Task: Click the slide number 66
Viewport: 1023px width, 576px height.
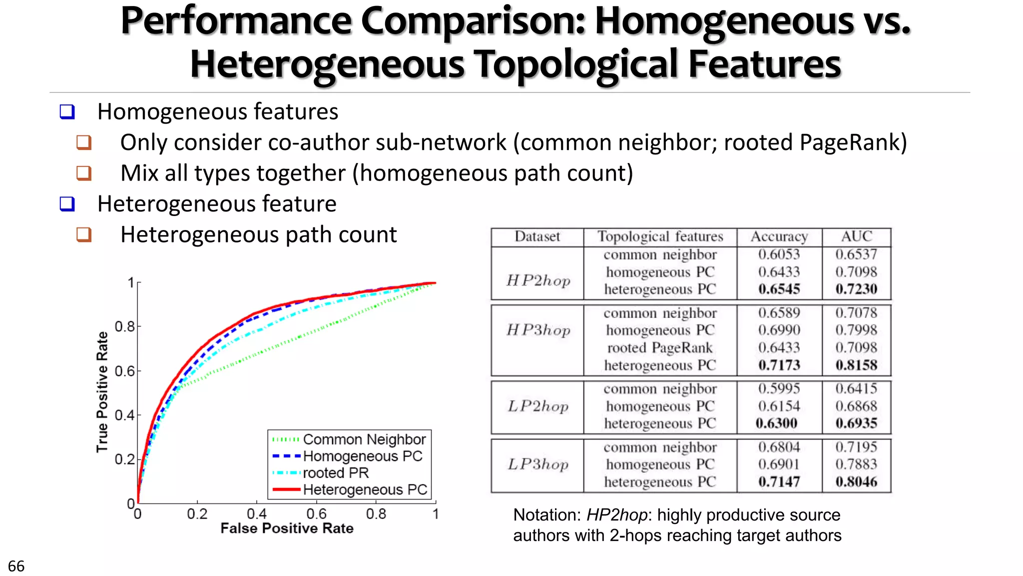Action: pyautogui.click(x=16, y=566)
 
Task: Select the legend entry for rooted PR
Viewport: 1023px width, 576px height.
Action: pyautogui.click(x=335, y=473)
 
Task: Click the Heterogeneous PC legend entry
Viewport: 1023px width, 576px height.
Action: pyautogui.click(x=365, y=489)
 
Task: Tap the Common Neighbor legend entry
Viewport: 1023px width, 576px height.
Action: pyautogui.click(x=364, y=439)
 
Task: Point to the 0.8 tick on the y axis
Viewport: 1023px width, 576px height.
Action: pyautogui.click(x=125, y=326)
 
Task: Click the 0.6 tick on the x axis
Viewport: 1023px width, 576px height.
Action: pyautogui.click(x=316, y=513)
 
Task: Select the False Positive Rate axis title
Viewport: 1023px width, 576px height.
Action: pyautogui.click(x=287, y=528)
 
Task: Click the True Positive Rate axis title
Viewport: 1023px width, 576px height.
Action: pyautogui.click(x=102, y=392)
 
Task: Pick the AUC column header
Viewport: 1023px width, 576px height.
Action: pyautogui.click(x=856, y=236)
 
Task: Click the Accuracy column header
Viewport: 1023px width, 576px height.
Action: pyautogui.click(x=779, y=236)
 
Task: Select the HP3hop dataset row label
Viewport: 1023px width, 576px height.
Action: pyautogui.click(x=538, y=330)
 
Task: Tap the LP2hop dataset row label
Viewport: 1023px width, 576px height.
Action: pyautogui.click(x=538, y=406)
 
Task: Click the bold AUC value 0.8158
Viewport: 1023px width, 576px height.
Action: pyautogui.click(x=856, y=365)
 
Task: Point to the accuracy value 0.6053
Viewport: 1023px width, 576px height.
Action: pyautogui.click(x=779, y=254)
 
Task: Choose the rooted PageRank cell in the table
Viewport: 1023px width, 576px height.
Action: pyautogui.click(x=660, y=347)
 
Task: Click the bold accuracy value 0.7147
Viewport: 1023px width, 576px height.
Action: pyautogui.click(x=779, y=482)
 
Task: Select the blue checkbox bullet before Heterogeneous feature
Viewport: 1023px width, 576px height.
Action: pyautogui.click(x=67, y=204)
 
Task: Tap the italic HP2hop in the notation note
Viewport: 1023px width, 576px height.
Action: pyautogui.click(x=616, y=515)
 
